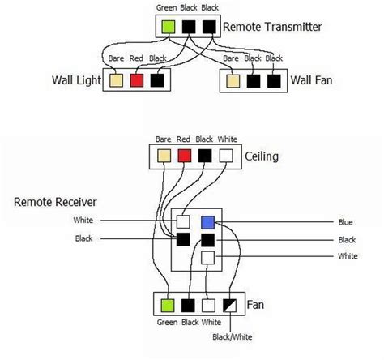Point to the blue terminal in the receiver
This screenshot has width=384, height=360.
[208, 221]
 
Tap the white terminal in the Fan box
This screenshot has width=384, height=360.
[211, 306]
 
